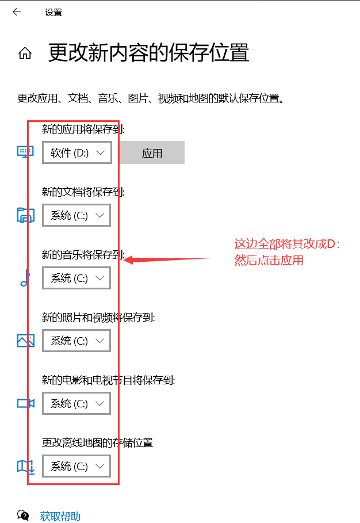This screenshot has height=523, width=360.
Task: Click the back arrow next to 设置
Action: (17, 12)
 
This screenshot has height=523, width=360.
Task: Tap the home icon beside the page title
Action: (25, 54)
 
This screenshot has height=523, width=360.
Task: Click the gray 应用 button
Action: (152, 153)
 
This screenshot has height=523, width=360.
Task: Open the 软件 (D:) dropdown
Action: (76, 153)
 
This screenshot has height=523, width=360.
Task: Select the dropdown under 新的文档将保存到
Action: (76, 215)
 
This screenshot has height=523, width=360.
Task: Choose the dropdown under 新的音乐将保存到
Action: (76, 278)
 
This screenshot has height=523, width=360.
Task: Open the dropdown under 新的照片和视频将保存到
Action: (76, 341)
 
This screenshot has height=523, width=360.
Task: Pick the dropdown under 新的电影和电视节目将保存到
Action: (76, 403)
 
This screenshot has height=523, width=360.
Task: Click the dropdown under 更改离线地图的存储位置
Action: (76, 466)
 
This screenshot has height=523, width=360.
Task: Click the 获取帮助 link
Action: (60, 516)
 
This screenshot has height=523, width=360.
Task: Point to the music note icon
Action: (25, 278)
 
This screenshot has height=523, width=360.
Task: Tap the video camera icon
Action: (26, 403)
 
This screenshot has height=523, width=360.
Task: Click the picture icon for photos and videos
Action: (26, 341)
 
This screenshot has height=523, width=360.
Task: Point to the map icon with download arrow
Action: (26, 466)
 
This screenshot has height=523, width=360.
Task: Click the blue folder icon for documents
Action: (26, 215)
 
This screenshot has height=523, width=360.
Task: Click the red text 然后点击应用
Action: (269, 261)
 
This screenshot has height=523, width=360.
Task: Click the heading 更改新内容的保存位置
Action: (148, 53)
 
